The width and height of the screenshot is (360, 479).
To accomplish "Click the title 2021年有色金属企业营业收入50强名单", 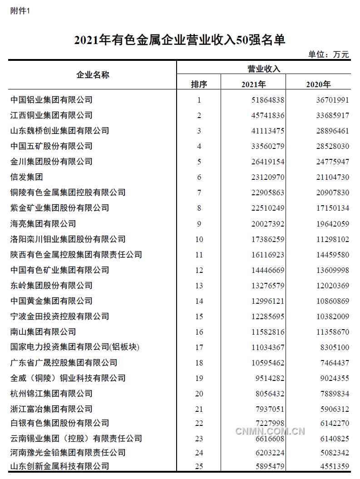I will point(180,40).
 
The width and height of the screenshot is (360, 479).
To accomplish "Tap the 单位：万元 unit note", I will point(329,54).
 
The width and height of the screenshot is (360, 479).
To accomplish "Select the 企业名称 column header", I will point(93,75).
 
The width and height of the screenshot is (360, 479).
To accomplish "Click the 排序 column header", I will point(198,84).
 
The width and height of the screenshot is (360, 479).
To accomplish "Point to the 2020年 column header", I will point(318,84).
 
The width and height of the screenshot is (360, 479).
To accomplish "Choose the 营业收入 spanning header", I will point(264,69).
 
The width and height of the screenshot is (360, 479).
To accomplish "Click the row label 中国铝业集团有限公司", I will point(51,99).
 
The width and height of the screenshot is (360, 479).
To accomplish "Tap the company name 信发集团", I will point(26,177).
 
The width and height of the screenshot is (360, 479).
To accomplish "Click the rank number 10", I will point(199,239).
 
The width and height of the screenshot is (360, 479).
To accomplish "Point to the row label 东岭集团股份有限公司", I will point(51,286).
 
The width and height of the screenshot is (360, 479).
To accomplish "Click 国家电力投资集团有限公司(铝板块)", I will point(74,347).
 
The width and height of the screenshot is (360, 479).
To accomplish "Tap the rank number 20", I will point(199,394).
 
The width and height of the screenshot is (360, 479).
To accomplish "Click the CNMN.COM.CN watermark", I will point(270,431).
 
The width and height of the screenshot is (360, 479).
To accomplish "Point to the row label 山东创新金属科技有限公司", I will point(59,466).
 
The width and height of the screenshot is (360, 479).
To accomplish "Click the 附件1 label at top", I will point(20,11).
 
